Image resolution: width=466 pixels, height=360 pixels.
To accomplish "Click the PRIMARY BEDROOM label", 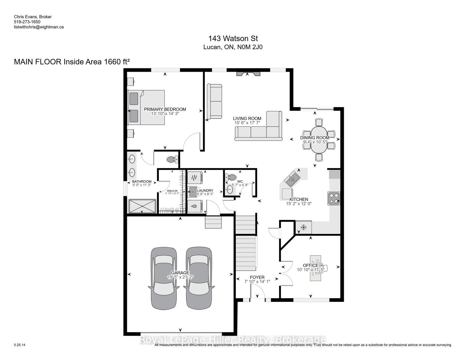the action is tap(165, 109).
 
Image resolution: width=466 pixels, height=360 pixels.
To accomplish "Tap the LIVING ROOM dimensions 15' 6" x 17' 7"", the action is tap(247, 123).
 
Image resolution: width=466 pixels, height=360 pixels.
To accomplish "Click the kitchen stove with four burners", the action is tap(333, 199).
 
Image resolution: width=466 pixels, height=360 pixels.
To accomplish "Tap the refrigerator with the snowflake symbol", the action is tap(303, 227).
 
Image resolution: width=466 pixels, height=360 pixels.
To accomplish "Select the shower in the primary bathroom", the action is tap(142, 206).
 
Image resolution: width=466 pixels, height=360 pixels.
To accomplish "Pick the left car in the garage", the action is tap(164, 278).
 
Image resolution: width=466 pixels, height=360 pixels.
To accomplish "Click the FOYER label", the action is tap(257, 277).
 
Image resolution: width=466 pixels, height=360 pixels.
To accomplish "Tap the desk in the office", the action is tap(315, 268).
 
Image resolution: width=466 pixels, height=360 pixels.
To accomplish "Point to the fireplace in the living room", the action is tap(248, 73).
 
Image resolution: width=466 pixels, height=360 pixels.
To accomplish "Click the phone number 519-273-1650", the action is tap(27, 22).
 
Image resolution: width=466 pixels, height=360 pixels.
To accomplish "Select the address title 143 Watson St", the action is tap(233, 39).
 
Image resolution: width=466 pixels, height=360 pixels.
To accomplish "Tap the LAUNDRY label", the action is tap(205, 190).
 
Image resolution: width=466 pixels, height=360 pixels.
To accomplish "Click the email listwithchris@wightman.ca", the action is tap(39, 27).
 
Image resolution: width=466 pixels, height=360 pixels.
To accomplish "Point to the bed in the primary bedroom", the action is tap(146, 107).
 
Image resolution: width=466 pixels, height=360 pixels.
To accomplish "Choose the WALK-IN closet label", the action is tap(172, 191).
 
